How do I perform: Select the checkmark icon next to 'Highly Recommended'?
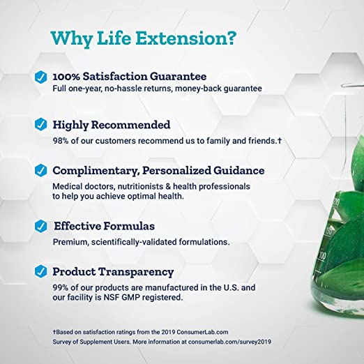(41, 126)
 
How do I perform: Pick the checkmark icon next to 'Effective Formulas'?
(41, 227)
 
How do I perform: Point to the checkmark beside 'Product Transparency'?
(41, 272)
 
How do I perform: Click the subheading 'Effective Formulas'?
(105, 227)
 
